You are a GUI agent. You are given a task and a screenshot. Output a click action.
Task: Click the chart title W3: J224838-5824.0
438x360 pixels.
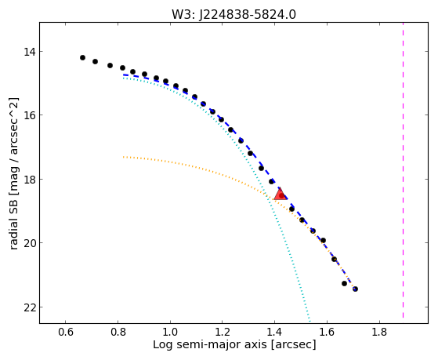(233, 14)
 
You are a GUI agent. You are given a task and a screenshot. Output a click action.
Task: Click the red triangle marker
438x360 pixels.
(281, 195)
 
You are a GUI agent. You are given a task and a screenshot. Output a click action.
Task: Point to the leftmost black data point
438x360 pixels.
(82, 57)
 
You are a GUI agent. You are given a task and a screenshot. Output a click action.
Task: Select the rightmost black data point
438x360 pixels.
(355, 289)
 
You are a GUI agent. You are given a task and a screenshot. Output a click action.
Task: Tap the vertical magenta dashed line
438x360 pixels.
(403, 170)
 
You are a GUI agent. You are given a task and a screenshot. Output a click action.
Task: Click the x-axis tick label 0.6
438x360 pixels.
(66, 332)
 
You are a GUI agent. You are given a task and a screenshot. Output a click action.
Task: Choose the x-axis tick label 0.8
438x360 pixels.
(118, 332)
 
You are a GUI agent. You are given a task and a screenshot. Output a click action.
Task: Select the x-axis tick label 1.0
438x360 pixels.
(170, 332)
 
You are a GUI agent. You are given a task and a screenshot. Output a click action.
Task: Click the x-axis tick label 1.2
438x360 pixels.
(223, 332)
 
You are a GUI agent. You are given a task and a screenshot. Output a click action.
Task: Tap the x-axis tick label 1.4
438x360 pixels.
(274, 332)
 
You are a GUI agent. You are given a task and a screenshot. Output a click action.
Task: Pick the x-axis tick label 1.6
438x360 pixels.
(327, 332)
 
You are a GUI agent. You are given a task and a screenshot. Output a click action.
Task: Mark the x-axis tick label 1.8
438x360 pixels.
(379, 332)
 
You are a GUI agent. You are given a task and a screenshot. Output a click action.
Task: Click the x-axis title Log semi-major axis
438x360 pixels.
(210, 345)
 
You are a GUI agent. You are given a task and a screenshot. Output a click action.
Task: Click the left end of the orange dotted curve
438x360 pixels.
(123, 157)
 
